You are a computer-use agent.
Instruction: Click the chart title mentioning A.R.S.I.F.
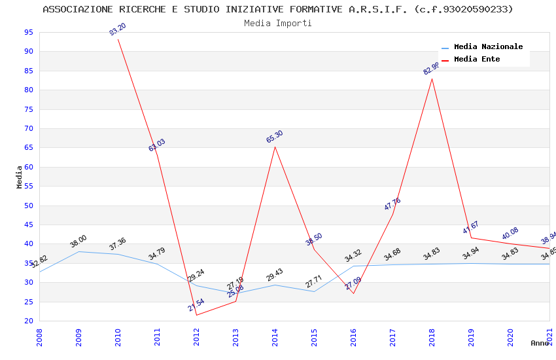(278, 9)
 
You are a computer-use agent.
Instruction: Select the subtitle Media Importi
(278, 23)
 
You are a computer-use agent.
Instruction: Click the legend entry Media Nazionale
(488, 47)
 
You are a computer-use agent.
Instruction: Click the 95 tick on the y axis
(28, 32)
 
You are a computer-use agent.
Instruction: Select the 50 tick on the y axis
(28, 206)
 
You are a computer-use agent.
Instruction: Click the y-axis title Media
(19, 177)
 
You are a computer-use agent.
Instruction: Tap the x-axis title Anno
(540, 343)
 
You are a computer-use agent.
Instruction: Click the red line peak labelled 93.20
(118, 39)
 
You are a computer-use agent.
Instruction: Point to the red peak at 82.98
(432, 79)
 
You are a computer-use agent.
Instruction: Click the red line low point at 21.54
(196, 315)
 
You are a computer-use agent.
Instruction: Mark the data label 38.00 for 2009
(78, 242)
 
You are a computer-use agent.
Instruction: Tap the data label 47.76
(392, 204)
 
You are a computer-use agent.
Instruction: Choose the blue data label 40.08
(510, 233)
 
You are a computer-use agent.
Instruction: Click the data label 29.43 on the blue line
(275, 275)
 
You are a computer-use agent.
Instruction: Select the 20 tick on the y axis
(28, 321)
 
